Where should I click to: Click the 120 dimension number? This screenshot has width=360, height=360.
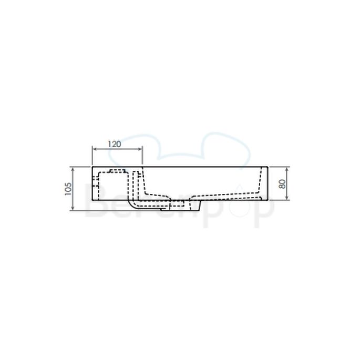[115, 143]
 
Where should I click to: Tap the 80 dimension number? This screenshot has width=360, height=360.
[282, 184]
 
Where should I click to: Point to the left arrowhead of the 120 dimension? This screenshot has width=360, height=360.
[94, 149]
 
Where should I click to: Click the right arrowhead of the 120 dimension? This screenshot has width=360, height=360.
[141, 149]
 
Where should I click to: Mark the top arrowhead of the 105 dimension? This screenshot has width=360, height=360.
[73, 169]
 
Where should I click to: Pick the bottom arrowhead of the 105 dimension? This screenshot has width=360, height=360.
[73, 209]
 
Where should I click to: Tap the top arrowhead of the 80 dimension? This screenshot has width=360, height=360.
[287, 169]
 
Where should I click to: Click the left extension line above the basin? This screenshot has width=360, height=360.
[92, 156]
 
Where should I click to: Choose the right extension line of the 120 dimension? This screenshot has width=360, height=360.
[143, 156]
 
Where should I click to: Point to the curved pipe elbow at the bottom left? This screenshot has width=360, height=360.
[132, 204]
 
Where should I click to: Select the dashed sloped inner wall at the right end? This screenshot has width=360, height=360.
[259, 182]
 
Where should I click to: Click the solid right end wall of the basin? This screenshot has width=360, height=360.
[268, 184]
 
